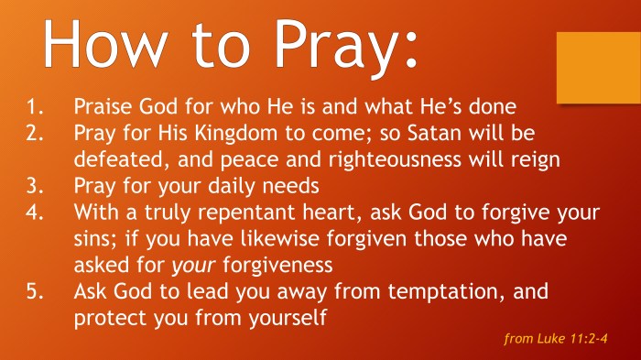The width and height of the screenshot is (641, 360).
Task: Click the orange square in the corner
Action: point(594,68)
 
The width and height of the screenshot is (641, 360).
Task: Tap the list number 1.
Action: point(29,106)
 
